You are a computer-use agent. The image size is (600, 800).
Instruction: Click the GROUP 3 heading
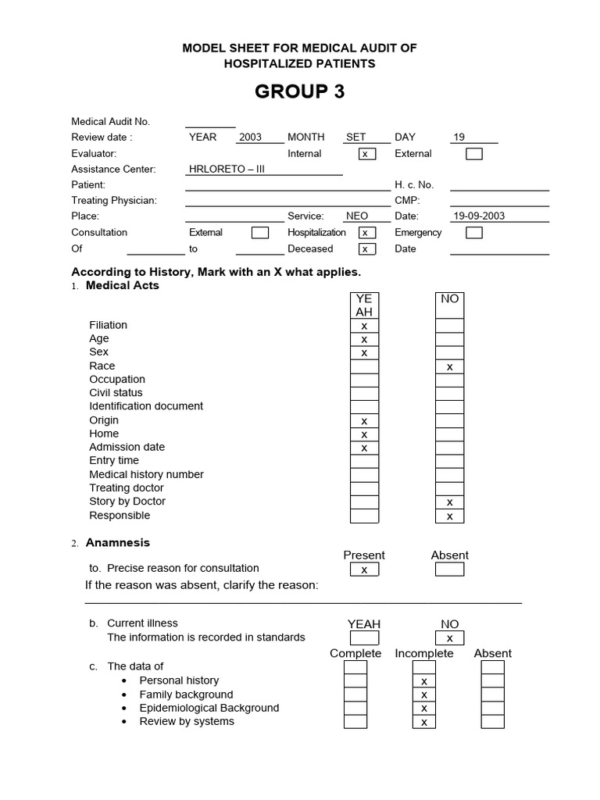(x=299, y=91)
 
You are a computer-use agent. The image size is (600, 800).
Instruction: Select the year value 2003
(x=250, y=137)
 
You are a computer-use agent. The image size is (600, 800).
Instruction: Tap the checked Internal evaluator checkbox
(x=366, y=154)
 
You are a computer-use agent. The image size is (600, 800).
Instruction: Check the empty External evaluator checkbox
(x=473, y=154)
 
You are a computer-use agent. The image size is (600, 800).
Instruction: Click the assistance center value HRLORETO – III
(x=227, y=169)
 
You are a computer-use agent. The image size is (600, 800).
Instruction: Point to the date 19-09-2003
(x=479, y=216)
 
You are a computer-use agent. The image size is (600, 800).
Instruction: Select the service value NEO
(x=357, y=216)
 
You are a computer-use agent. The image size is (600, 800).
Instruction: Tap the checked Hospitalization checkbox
(x=366, y=233)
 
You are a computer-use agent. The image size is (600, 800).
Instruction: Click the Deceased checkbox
(x=366, y=249)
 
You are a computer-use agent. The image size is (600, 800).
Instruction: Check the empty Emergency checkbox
(x=473, y=233)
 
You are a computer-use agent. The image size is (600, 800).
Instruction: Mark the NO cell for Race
(x=449, y=366)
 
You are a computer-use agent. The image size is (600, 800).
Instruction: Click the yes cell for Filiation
(x=364, y=326)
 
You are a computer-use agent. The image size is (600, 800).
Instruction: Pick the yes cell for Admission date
(x=364, y=448)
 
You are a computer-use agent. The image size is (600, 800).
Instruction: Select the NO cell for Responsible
(x=449, y=516)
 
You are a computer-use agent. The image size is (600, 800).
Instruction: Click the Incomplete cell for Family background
(x=424, y=695)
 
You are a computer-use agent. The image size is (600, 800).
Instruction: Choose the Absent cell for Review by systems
(x=492, y=721)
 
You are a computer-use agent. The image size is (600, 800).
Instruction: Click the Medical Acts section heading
(x=122, y=285)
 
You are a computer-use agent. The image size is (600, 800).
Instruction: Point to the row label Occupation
(x=117, y=379)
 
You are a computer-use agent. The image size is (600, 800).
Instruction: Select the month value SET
(x=356, y=137)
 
